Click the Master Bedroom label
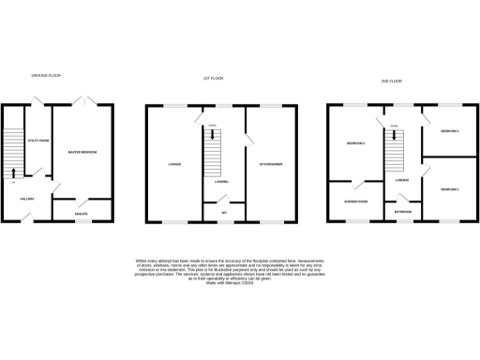tap(84, 152)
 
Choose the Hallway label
tap(27, 199)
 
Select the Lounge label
tap(174, 164)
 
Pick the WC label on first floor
tap(224, 213)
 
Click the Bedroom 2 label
tap(355, 143)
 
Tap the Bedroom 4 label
tap(450, 131)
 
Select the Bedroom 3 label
tap(450, 189)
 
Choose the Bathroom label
tap(403, 212)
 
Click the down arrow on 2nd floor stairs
tap(394, 132)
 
